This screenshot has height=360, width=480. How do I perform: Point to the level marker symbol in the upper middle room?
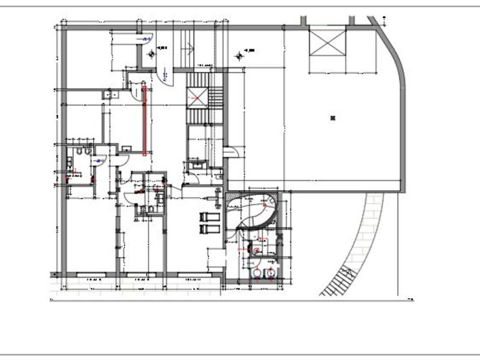240,55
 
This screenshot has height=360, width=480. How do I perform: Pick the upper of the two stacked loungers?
209,216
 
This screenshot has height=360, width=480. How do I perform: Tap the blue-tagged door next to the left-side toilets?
101,160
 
